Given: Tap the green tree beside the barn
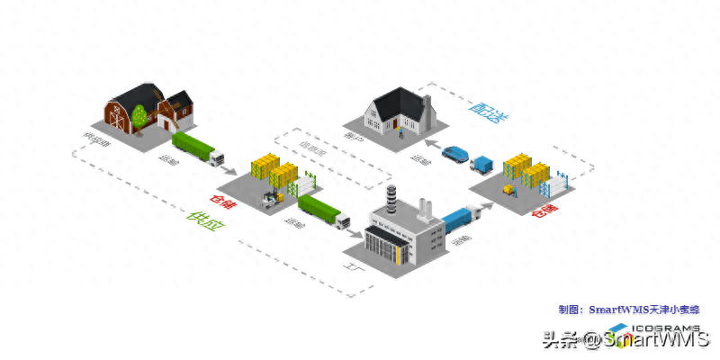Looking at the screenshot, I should click(x=139, y=115).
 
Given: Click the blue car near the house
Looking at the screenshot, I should click(x=457, y=154).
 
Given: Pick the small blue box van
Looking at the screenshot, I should click(x=484, y=165).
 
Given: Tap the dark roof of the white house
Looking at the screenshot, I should click(x=396, y=101).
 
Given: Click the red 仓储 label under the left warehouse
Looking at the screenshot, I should click(x=220, y=201).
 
